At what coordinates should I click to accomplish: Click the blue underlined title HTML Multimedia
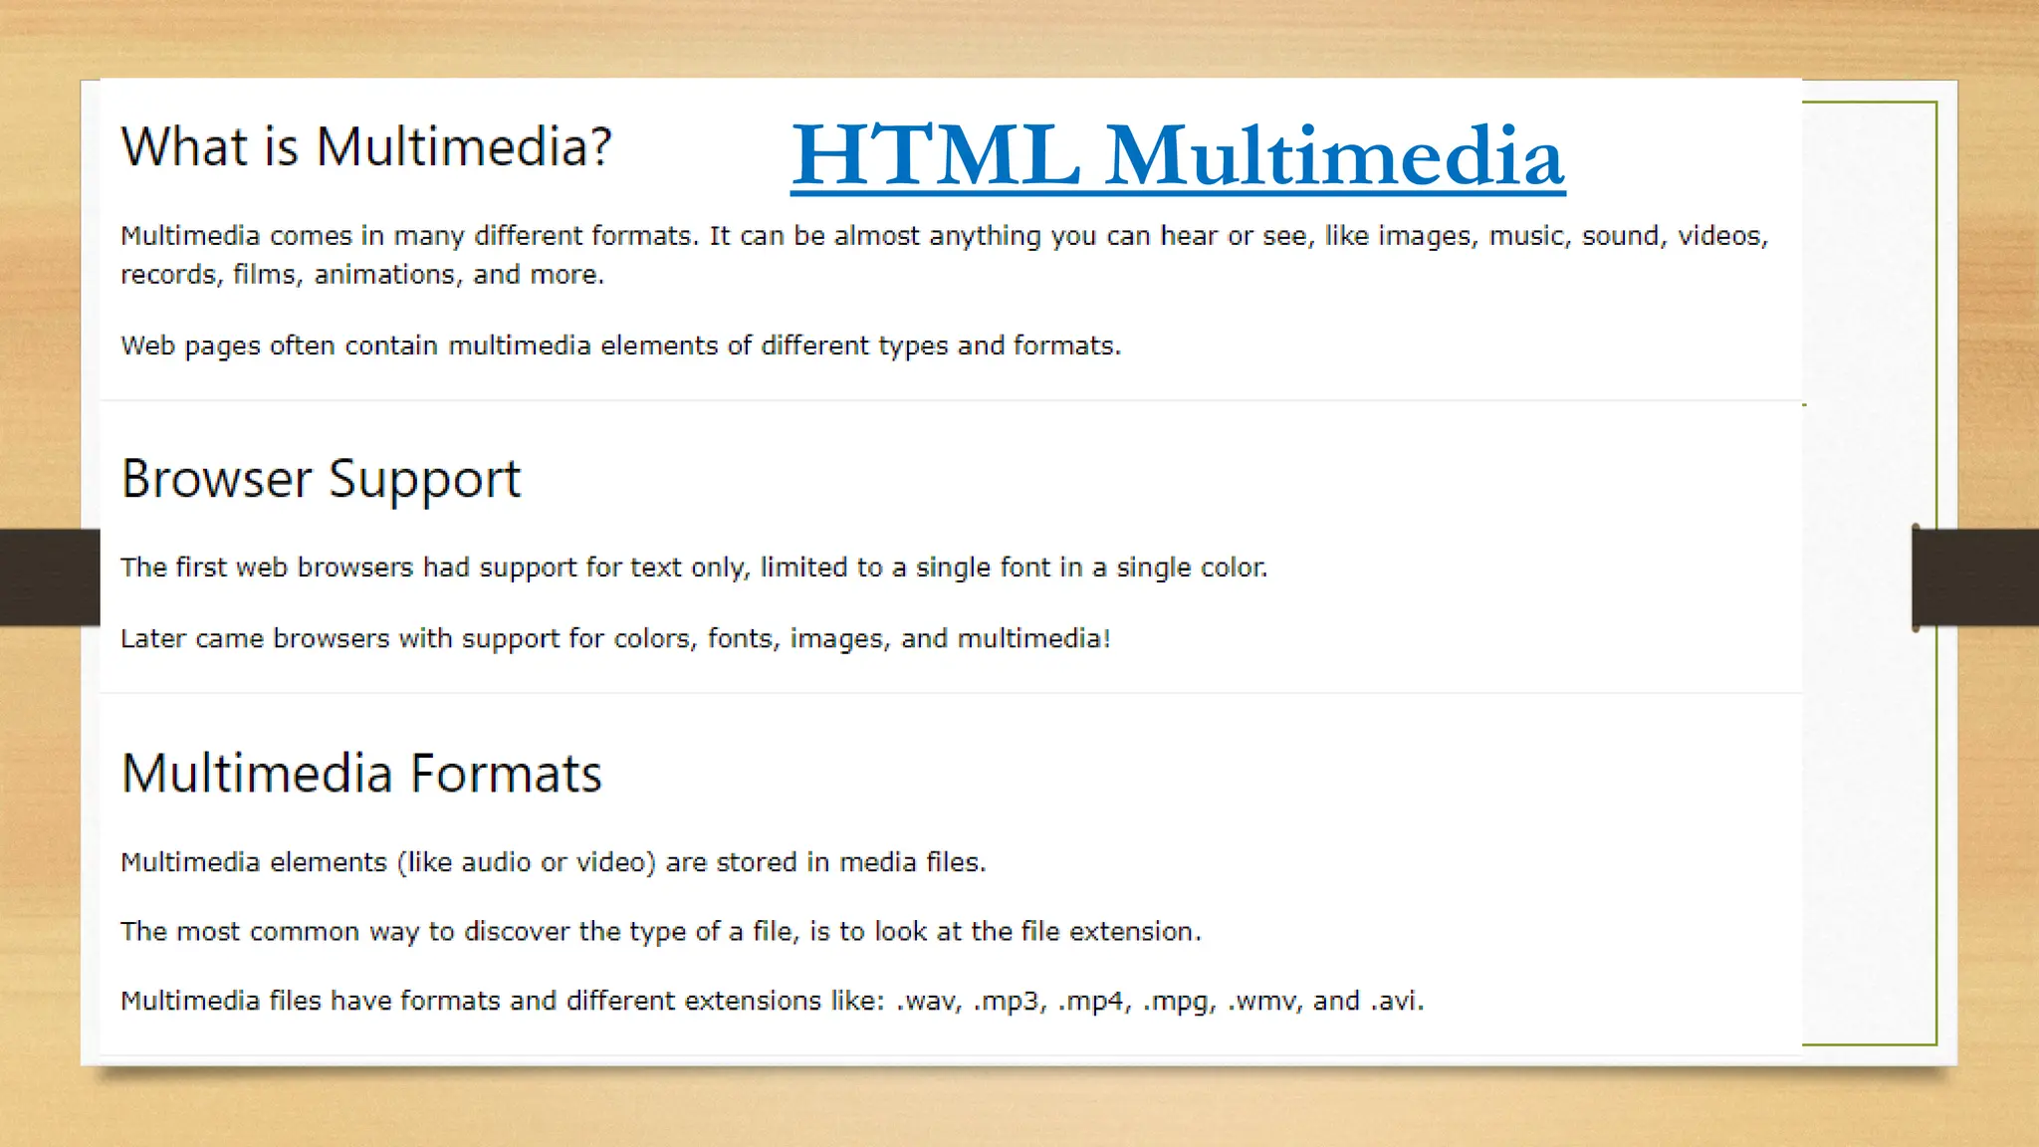point(1178,155)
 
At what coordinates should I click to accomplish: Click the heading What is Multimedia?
point(365,147)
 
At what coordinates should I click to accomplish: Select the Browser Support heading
point(321,480)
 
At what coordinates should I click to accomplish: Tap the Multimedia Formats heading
point(361,774)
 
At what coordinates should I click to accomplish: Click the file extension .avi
point(1397,1001)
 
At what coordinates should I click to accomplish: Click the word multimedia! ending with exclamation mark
point(1033,638)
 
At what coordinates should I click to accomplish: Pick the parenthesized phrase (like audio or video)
point(527,862)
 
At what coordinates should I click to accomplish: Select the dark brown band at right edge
point(1977,577)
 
